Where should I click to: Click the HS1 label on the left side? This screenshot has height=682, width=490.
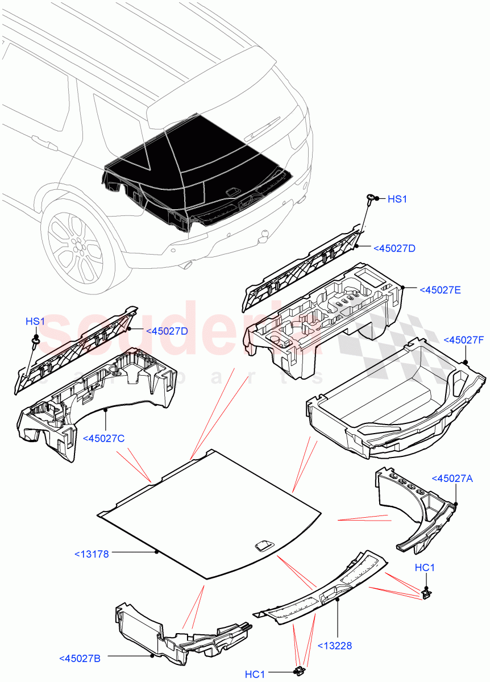click(x=35, y=322)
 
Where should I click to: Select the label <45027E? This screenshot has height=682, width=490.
click(x=439, y=290)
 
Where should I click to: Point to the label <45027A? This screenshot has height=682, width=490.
click(x=452, y=478)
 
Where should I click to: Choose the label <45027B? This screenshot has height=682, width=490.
click(x=80, y=659)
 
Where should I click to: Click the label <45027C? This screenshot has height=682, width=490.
click(x=103, y=438)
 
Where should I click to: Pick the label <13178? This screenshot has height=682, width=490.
click(x=91, y=553)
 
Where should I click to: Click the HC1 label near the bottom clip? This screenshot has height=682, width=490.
click(x=255, y=674)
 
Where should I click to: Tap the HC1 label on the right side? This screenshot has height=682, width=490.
click(x=425, y=568)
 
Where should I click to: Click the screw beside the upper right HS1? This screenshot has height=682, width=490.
click(x=371, y=198)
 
